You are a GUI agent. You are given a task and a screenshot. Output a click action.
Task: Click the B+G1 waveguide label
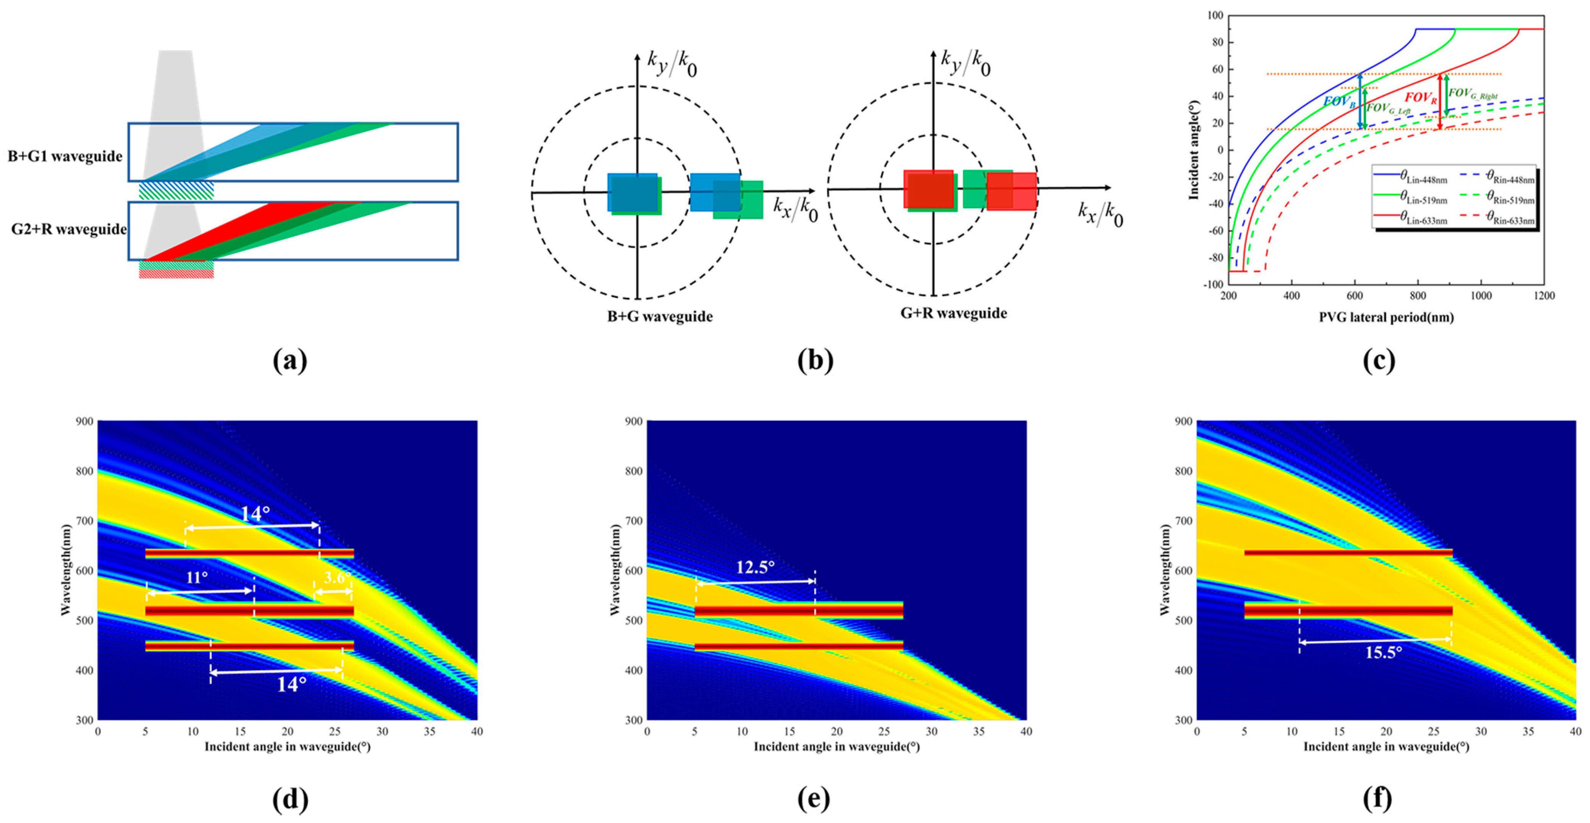(x=65, y=156)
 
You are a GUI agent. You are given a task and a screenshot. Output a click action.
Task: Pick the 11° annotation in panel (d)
(x=197, y=577)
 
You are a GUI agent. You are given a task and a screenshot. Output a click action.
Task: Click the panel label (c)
(x=1378, y=360)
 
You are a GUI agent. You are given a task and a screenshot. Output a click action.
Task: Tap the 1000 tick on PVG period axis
(x=1481, y=296)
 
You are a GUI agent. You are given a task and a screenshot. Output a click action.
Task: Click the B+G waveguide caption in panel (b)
(x=660, y=317)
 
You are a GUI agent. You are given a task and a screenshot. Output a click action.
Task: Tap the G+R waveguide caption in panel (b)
(x=954, y=313)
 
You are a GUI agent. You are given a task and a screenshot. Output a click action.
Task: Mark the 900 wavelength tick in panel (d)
(x=84, y=422)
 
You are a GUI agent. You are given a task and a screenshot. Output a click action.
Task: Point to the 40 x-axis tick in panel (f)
(x=1575, y=731)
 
